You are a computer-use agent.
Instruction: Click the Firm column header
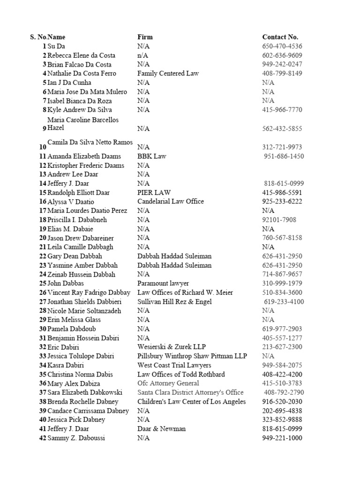tap(145, 37)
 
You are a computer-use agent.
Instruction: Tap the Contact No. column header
tap(280, 37)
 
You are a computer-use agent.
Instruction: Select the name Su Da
tap(55, 46)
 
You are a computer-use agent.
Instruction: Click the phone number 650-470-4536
tap(282, 46)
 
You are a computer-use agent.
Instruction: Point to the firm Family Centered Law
tap(168, 74)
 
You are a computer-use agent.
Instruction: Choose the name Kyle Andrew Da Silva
tap(80, 110)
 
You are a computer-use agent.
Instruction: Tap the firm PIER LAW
tap(154, 193)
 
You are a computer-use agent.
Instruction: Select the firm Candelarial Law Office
tap(171, 202)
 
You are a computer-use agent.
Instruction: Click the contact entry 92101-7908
tap(279, 220)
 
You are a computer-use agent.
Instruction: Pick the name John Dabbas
tap(66, 284)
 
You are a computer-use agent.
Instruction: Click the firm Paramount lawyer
tap(163, 284)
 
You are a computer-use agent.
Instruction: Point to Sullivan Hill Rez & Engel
tap(174, 302)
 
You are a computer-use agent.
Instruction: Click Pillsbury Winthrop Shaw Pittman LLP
tap(192, 356)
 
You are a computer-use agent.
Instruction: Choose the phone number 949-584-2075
tap(282, 366)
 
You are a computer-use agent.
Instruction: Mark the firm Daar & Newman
tap(161, 429)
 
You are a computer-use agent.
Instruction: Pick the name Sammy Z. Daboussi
tap(76, 438)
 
